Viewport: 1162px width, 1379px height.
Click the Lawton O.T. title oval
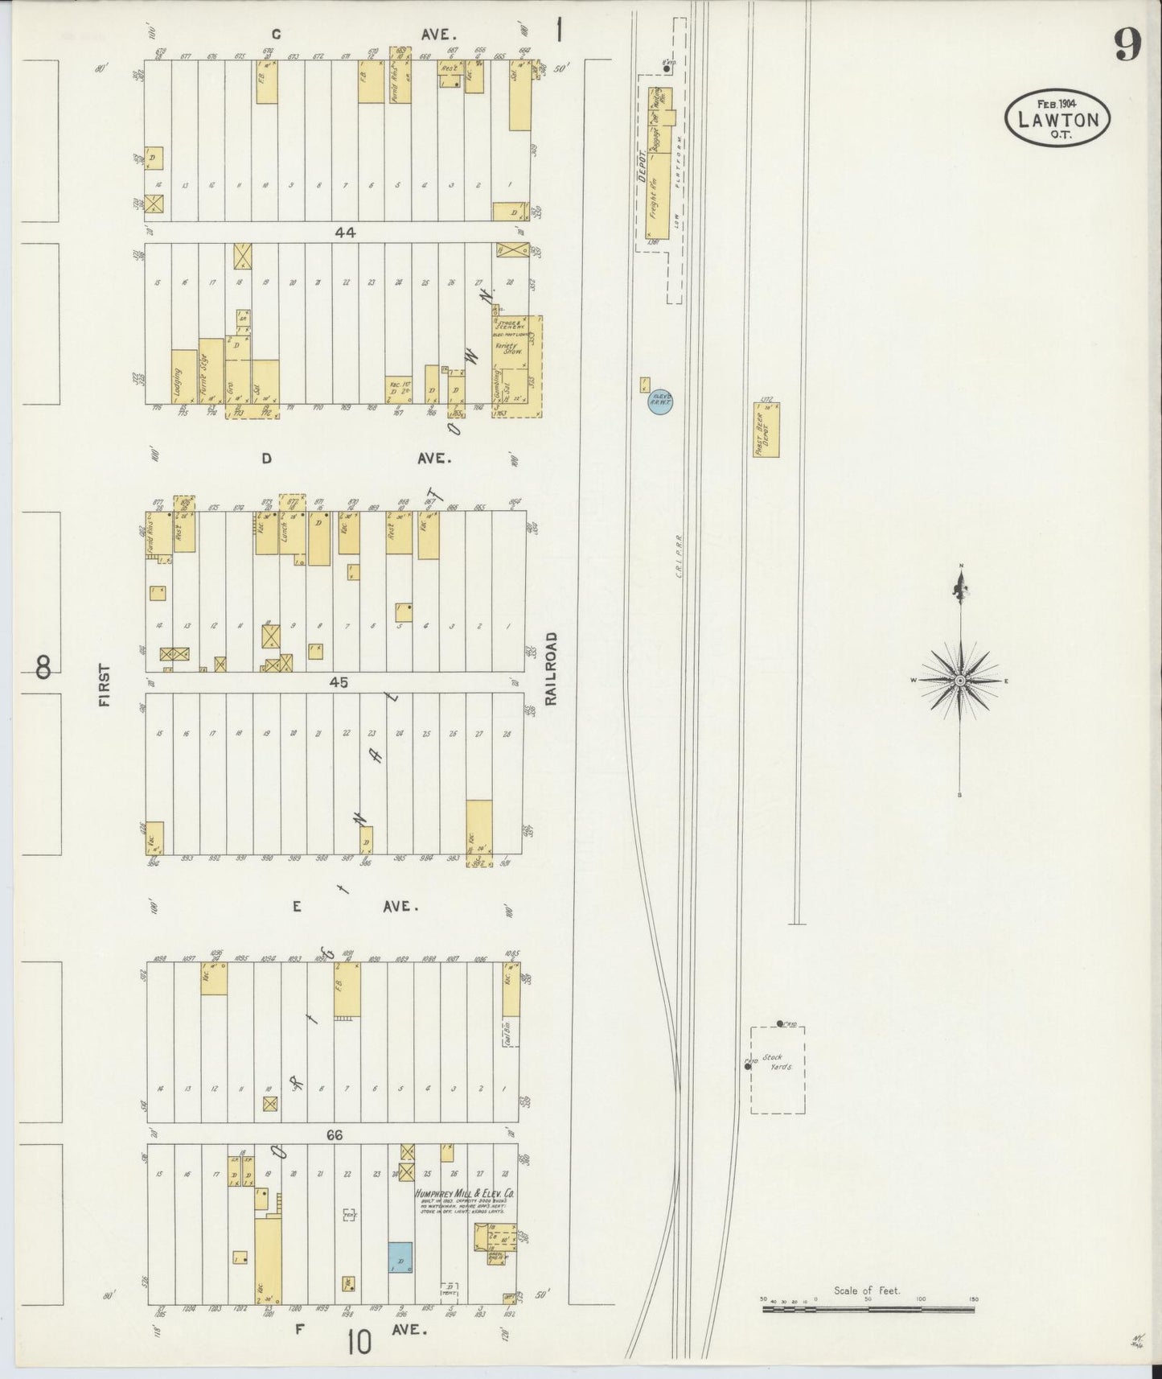tap(1057, 118)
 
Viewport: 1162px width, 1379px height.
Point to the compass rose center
tap(960, 681)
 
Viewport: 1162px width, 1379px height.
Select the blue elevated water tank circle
tap(660, 402)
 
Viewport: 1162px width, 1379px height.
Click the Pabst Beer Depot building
tap(766, 430)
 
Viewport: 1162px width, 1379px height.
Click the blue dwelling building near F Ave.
tap(400, 1258)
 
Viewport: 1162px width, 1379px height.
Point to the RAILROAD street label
tap(551, 669)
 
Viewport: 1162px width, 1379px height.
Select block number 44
tap(346, 233)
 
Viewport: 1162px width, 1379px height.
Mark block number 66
tap(335, 1135)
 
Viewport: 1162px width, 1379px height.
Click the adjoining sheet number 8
tap(43, 666)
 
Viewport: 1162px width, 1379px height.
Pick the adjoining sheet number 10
tap(360, 1341)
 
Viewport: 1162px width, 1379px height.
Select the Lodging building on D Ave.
tap(184, 383)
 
